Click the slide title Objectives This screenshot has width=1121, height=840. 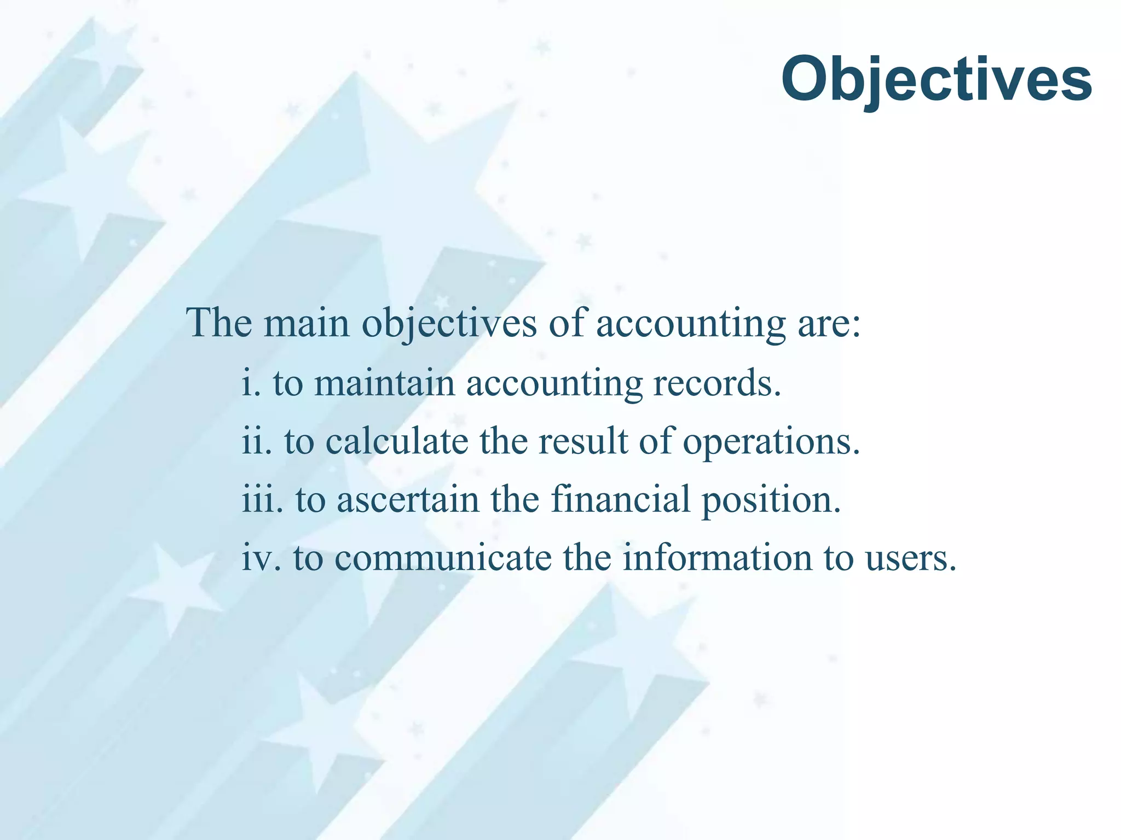tap(936, 81)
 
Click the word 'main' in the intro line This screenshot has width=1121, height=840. tap(307, 323)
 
